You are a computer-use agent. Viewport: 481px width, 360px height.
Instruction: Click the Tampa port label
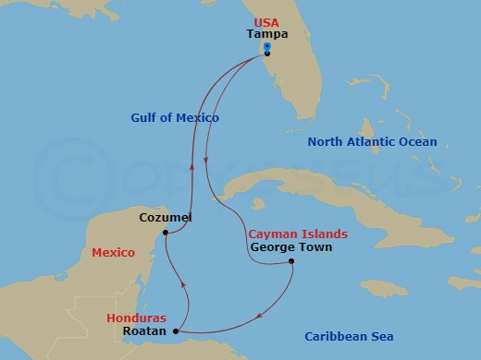point(266,34)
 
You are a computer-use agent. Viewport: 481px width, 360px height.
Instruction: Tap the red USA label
point(266,21)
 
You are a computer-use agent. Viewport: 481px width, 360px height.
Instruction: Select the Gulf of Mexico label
point(174,117)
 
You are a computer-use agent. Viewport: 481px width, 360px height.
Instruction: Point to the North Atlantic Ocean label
point(372,142)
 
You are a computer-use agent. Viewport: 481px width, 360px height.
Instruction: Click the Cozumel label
point(165,218)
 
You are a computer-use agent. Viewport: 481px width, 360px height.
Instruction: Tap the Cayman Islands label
point(298,234)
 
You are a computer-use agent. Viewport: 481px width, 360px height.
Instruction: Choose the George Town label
point(290,247)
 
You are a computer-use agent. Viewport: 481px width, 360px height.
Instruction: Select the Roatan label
point(144,330)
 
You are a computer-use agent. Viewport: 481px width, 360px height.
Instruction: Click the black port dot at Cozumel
point(164,233)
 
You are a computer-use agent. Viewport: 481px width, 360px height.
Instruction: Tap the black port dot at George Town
point(291,262)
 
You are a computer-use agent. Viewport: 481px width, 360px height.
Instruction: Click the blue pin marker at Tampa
point(266,47)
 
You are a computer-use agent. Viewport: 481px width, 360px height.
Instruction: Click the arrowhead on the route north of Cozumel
point(191,167)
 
